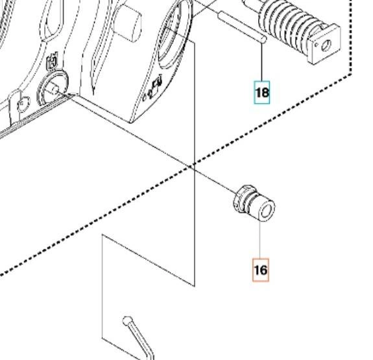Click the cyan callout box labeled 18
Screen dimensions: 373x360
point(262,92)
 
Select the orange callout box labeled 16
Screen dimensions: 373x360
point(261,270)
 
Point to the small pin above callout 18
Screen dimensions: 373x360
point(242,27)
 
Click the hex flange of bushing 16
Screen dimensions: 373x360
point(241,198)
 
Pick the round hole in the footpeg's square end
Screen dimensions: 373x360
point(326,45)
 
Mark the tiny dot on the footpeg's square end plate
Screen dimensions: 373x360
point(317,44)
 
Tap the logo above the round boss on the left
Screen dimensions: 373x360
point(52,62)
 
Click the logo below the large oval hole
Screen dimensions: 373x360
point(157,82)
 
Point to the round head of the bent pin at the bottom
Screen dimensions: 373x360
point(128,321)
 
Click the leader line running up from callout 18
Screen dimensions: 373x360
point(262,62)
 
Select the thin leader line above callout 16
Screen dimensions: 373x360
point(260,239)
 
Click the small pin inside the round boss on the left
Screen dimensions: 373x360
point(54,90)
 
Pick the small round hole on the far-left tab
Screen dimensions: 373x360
point(23,102)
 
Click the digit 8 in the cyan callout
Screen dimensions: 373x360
point(265,93)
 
